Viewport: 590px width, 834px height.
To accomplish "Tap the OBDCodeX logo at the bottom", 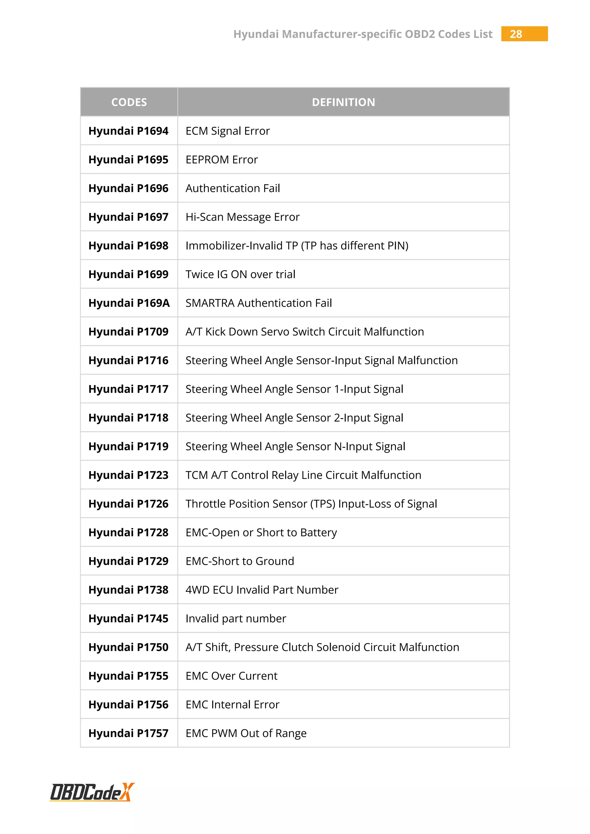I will click(92, 792).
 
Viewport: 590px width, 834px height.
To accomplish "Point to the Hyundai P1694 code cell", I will click(128, 131).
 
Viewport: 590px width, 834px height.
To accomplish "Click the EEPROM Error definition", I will click(222, 160).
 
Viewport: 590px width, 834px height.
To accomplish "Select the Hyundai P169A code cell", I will click(129, 303).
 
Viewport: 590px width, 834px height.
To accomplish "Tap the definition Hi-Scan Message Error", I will click(242, 217).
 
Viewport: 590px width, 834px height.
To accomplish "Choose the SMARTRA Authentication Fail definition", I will click(259, 303).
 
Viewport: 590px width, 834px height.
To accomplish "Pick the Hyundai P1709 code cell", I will click(128, 332).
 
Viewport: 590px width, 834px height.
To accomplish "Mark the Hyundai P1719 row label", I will click(128, 446).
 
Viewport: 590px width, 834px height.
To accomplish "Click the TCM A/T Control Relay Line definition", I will click(303, 475).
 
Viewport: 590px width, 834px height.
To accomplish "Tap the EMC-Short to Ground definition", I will click(240, 561).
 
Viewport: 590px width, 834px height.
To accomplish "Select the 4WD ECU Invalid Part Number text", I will click(262, 590).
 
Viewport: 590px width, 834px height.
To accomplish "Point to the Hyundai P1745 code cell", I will click(128, 619).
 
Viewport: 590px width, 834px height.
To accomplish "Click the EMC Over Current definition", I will click(231, 676).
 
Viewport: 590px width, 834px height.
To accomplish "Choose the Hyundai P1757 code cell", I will click(128, 733).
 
